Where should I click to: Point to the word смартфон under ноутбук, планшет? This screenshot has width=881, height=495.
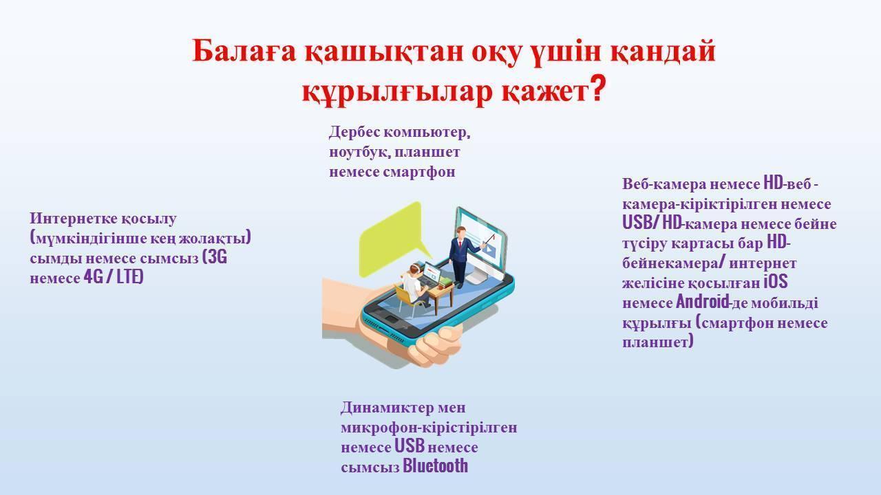click(x=418, y=172)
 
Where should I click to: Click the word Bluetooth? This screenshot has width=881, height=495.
click(x=436, y=466)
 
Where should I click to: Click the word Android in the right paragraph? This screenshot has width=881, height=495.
click(x=702, y=302)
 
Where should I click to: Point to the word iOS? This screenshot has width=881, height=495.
click(x=775, y=282)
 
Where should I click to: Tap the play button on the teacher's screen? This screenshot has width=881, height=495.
click(x=489, y=249)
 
